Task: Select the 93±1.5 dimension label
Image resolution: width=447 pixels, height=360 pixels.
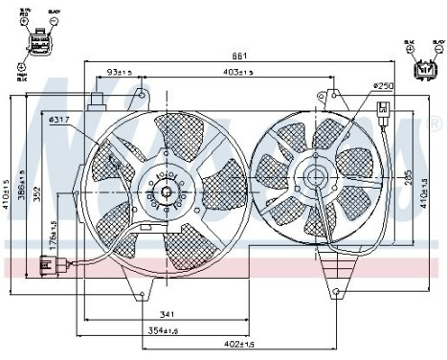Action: click(x=120, y=73)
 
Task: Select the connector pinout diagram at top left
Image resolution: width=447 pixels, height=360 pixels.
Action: click(x=37, y=42)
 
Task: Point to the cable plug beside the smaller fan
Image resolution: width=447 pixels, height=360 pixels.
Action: click(x=385, y=109)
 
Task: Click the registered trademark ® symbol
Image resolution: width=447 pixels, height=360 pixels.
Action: click(x=436, y=124)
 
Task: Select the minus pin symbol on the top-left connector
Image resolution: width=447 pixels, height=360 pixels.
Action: click(x=21, y=70)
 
